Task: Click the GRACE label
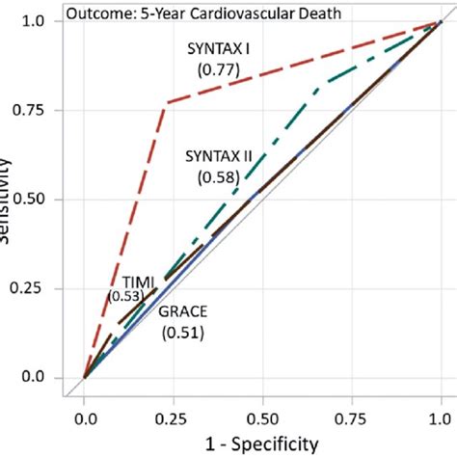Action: pyautogui.click(x=181, y=311)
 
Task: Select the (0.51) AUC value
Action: pyautogui.click(x=181, y=333)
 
